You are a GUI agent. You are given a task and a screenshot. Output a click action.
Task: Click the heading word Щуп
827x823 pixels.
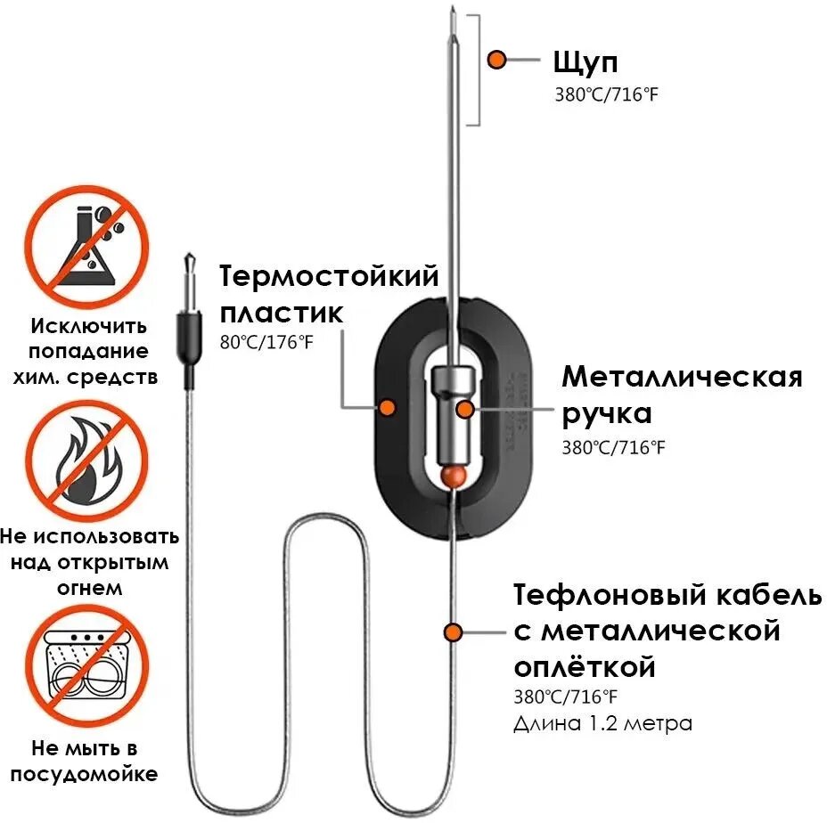point(585,62)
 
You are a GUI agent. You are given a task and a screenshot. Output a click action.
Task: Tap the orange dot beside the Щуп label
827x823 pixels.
point(497,61)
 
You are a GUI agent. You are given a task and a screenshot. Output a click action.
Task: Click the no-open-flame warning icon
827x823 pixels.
point(86,460)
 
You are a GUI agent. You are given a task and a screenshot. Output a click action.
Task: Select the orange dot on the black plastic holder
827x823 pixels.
point(387,407)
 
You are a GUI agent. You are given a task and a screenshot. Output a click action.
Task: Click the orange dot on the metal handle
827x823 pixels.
point(464,409)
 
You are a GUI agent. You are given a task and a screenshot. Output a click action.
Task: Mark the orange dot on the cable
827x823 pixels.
point(454,632)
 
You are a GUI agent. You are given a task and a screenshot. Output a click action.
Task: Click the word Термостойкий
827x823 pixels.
point(330,276)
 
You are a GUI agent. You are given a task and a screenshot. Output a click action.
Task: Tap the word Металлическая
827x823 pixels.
point(682,377)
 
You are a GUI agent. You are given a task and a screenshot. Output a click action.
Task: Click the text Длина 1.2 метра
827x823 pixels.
point(602,722)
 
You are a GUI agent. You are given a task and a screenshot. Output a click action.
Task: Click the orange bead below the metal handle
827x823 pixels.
point(454,477)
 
